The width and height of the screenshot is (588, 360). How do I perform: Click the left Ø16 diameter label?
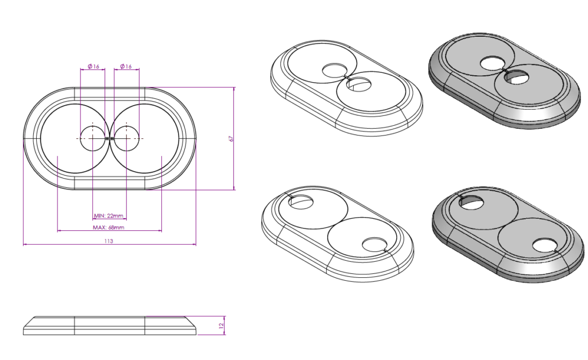(94, 67)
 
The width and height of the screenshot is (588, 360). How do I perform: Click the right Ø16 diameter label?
(126, 67)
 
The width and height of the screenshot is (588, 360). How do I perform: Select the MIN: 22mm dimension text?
(109, 216)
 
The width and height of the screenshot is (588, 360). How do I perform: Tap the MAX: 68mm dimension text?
(109, 227)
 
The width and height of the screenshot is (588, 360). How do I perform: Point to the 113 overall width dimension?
(109, 241)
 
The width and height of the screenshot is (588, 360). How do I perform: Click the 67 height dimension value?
(231, 138)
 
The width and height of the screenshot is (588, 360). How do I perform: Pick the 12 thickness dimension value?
(221, 326)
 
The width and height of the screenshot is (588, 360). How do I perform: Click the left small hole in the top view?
(92, 138)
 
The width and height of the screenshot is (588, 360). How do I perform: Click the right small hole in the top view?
(126, 138)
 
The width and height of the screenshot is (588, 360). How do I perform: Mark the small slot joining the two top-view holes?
(110, 138)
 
